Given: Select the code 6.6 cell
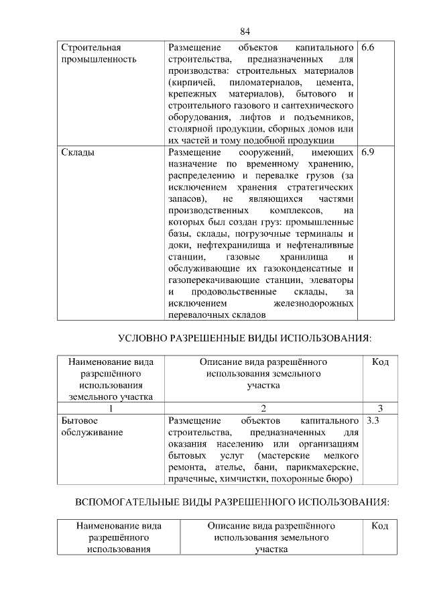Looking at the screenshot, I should click(x=367, y=49).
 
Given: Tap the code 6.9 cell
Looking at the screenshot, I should click(x=367, y=152).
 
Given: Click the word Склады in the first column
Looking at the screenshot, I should click(x=77, y=152).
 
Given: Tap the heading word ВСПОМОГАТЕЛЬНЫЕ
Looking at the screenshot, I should click(x=129, y=502).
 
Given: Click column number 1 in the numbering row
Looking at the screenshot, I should click(x=111, y=408).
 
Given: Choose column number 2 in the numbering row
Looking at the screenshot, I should click(x=263, y=408).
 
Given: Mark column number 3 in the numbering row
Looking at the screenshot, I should click(x=380, y=408).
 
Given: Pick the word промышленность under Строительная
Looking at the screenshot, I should click(x=99, y=60).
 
